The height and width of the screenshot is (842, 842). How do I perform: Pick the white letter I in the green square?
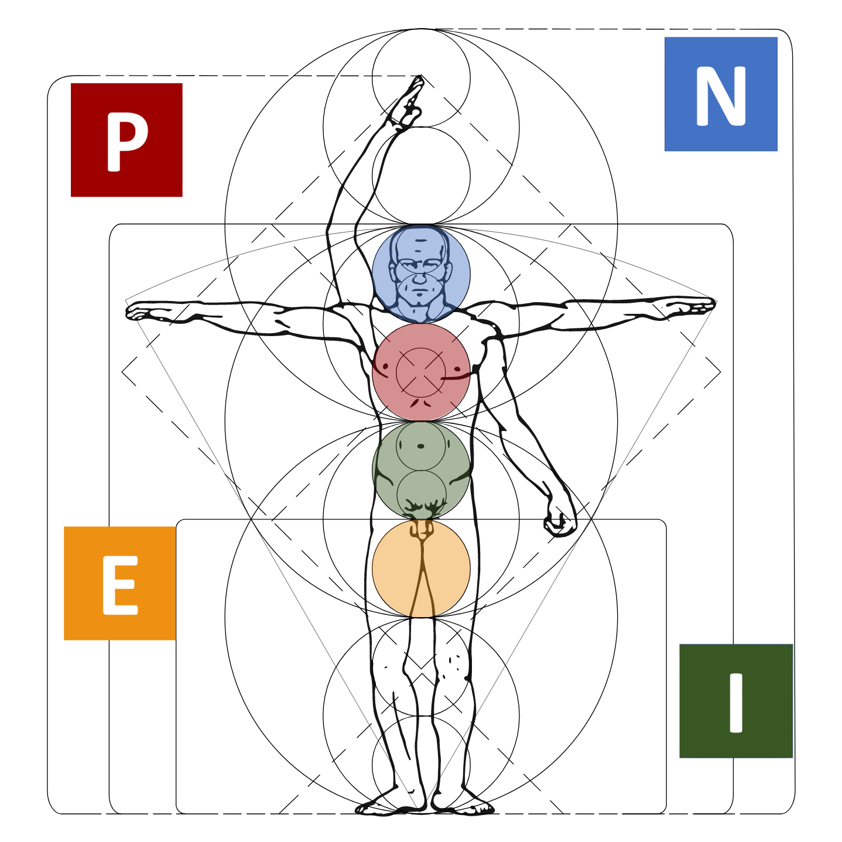(736, 703)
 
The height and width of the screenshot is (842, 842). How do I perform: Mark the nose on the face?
(420, 279)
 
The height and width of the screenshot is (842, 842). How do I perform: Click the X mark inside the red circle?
(421, 372)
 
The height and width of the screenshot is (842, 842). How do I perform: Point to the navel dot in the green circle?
(421, 446)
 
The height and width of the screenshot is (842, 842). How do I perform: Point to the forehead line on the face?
(420, 241)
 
